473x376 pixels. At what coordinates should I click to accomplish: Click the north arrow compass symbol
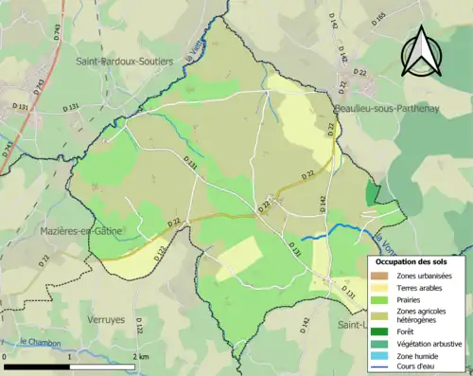tap(419, 51)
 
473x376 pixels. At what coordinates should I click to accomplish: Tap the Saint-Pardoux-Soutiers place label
tap(124, 61)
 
